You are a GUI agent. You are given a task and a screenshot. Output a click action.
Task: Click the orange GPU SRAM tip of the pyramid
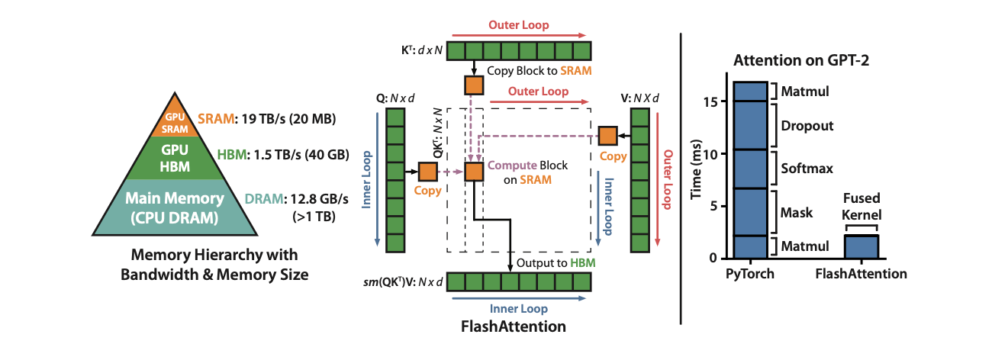(x=176, y=121)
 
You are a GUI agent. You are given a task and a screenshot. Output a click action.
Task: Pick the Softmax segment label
(x=805, y=168)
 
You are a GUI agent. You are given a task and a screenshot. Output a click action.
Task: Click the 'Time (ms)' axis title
(x=696, y=169)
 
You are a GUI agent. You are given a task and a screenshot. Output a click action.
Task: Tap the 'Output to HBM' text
(x=556, y=262)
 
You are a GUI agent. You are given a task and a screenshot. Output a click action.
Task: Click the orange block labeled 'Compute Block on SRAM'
(x=475, y=172)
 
